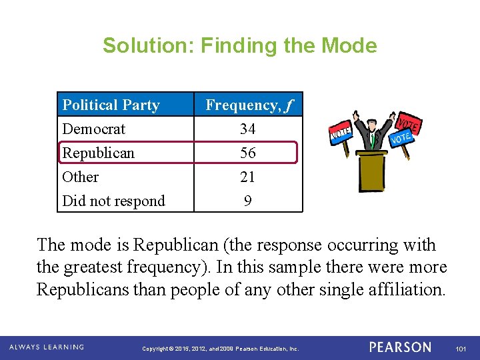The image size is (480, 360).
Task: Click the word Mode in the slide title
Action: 349,45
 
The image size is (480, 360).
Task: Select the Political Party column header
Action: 111,105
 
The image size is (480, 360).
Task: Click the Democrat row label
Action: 93,129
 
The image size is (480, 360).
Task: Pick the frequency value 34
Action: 248,129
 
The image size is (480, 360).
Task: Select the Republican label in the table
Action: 98,153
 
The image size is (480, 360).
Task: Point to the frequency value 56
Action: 248,153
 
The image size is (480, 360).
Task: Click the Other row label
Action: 80,177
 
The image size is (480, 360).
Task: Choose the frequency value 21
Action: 248,177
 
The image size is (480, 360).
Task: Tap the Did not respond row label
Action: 113,201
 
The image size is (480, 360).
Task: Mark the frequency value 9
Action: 248,201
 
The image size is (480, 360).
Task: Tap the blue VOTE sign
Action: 401,139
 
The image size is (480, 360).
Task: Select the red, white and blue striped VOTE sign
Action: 341,134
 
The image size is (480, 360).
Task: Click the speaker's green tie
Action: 372,141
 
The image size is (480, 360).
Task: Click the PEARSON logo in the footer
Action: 400,347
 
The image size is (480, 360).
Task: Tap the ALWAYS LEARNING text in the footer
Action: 47,347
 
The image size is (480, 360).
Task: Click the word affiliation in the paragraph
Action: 409,290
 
